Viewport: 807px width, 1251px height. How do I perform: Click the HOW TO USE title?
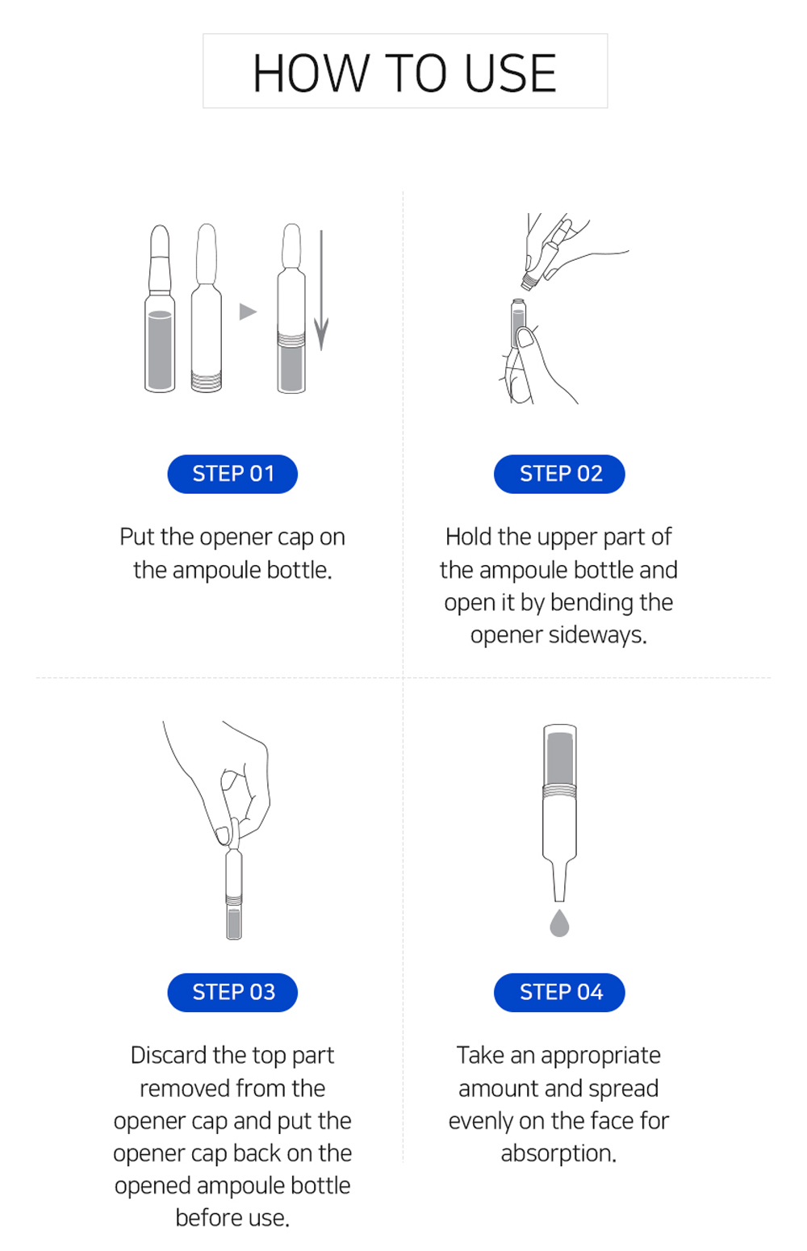click(404, 73)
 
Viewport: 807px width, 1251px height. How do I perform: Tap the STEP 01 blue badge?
click(232, 474)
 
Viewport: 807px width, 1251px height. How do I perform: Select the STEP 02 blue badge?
click(559, 474)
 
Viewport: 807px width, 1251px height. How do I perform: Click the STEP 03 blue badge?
click(232, 992)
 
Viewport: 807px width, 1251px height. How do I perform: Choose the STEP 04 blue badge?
click(559, 992)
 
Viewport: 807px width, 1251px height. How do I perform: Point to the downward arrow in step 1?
click(321, 291)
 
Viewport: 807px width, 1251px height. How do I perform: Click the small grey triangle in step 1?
click(247, 312)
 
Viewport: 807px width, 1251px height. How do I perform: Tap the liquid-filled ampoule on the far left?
click(160, 323)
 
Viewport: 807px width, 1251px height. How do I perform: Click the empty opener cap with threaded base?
click(207, 315)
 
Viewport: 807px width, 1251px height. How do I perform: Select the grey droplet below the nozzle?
click(559, 923)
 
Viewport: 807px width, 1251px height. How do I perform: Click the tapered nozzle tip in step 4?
click(559, 884)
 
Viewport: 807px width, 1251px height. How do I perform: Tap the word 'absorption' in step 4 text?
click(558, 1153)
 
